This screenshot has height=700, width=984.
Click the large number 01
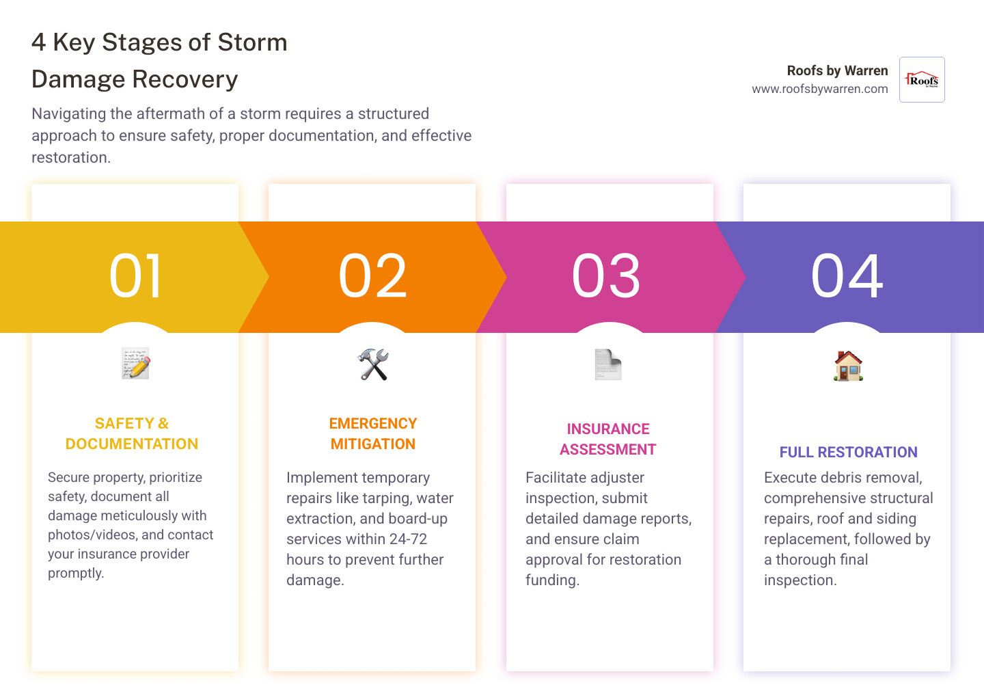(136, 276)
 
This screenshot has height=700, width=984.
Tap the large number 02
(373, 276)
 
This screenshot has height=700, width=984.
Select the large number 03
(607, 276)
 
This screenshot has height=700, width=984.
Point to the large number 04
(847, 276)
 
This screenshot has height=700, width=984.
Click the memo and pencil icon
(136, 364)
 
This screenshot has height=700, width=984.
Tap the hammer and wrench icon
(373, 364)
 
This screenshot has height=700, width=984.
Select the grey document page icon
(607, 364)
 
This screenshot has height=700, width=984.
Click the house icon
(848, 366)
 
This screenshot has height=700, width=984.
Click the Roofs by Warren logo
(922, 80)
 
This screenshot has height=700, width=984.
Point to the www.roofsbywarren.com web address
(819, 89)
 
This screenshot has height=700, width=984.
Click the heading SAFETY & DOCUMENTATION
(132, 433)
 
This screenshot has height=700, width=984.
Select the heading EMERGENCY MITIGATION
(373, 433)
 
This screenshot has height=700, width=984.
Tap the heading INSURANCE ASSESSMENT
(608, 439)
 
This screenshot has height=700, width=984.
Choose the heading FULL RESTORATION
(848, 452)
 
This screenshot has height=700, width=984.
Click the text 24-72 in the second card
(408, 539)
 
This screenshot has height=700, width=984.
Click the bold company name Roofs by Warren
(837, 70)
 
